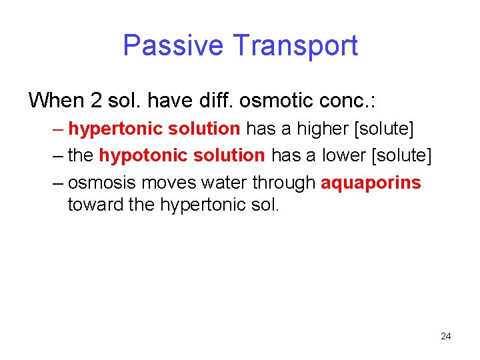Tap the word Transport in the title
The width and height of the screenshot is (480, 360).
[x=295, y=45]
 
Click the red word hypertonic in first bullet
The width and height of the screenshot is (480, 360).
[x=108, y=129]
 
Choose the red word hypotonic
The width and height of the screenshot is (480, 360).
[x=136, y=156]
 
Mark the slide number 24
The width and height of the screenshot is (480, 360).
[x=446, y=336]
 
